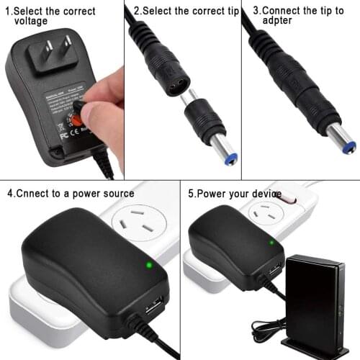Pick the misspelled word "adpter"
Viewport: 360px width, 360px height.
[278, 22]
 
